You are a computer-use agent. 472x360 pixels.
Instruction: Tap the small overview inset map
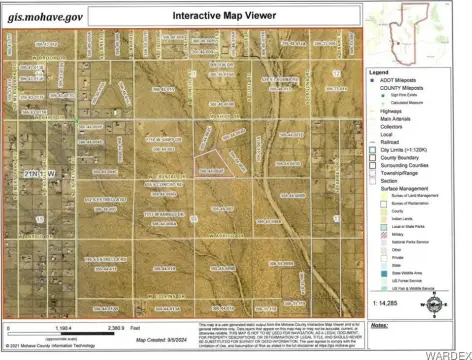pyautogui.click(x=417, y=33)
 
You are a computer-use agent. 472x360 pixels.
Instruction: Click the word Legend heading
pyautogui.click(x=380, y=73)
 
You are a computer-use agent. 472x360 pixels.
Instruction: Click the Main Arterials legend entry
pyautogui.click(x=397, y=121)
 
